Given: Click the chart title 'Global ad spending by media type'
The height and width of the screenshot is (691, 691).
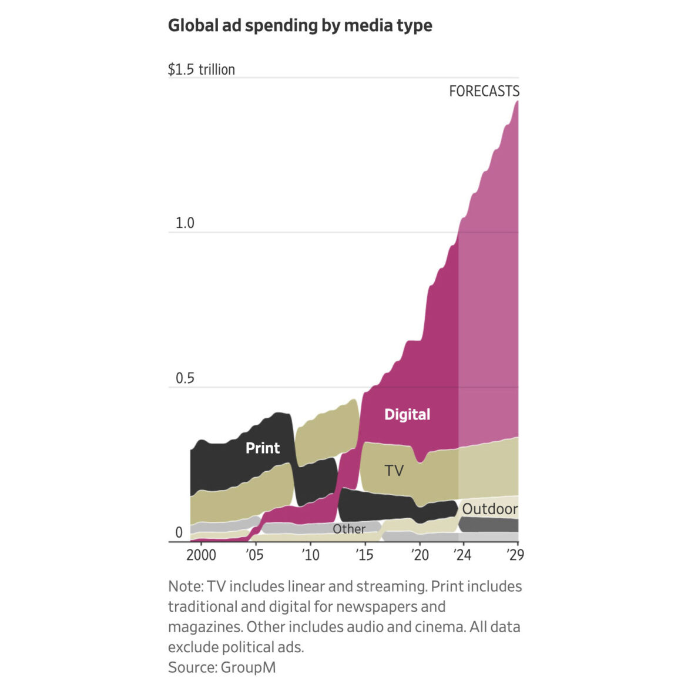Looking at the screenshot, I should tap(300, 26).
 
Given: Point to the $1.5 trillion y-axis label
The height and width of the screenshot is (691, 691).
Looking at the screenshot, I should tap(201, 69).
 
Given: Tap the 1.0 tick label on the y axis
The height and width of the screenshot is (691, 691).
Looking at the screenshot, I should tap(185, 223).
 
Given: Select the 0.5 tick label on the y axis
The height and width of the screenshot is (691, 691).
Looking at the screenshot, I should tap(185, 378).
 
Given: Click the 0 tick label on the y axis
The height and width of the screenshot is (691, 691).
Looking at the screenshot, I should tap(179, 533).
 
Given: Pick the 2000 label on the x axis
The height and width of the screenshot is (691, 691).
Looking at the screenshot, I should tap(201, 555).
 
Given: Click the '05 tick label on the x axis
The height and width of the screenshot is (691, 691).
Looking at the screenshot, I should tap(254, 555).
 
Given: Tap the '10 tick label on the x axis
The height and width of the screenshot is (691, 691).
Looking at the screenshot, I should tap(310, 555).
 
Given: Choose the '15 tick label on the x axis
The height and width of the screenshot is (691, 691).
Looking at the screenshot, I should tap(364, 555).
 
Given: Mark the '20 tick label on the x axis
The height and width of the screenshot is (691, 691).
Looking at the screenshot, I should tap(420, 555).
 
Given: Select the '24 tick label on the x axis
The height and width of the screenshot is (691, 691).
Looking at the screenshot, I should tap(462, 555).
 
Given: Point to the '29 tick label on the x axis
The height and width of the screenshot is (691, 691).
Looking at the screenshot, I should tap(515, 555).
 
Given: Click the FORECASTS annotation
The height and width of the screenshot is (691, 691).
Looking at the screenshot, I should tap(484, 92).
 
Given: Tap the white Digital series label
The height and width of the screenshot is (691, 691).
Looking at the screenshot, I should tap(407, 415).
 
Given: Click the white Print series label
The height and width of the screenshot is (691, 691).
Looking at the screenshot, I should tap(263, 448).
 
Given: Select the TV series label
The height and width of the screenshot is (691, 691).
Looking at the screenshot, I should tap(394, 471).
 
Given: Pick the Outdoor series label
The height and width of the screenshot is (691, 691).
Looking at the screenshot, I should tap(490, 509).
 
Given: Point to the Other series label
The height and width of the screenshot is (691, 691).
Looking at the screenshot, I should tap(349, 529).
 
